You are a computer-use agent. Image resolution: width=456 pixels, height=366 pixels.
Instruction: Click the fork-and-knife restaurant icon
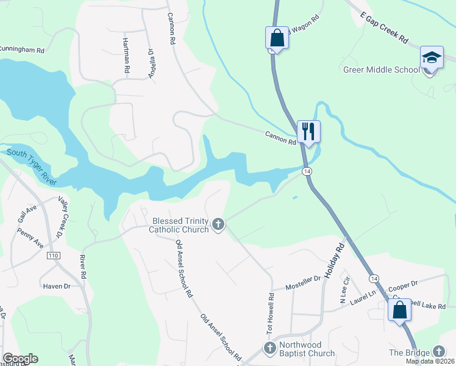[x=308, y=131]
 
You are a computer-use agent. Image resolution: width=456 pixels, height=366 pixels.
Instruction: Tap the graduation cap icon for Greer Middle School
[x=431, y=58]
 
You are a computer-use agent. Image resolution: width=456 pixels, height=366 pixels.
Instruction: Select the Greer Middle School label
[x=382, y=70]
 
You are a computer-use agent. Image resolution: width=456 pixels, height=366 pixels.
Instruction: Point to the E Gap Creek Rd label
[x=384, y=30]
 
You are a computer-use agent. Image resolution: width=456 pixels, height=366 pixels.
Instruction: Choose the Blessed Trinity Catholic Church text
[x=180, y=225]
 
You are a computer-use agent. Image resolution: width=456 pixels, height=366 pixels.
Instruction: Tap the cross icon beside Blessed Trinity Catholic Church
[x=218, y=225]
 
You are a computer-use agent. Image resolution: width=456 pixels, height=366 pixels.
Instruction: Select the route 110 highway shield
[x=54, y=256]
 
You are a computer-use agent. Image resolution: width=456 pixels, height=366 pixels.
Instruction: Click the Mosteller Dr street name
[x=304, y=281]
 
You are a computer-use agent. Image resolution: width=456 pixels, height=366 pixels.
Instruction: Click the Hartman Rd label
[x=127, y=56]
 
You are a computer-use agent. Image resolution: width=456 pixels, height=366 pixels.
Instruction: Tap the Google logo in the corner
[x=20, y=359]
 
